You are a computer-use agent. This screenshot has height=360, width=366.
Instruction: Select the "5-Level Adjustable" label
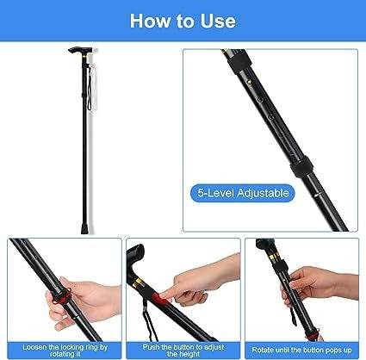tap(243, 193)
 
